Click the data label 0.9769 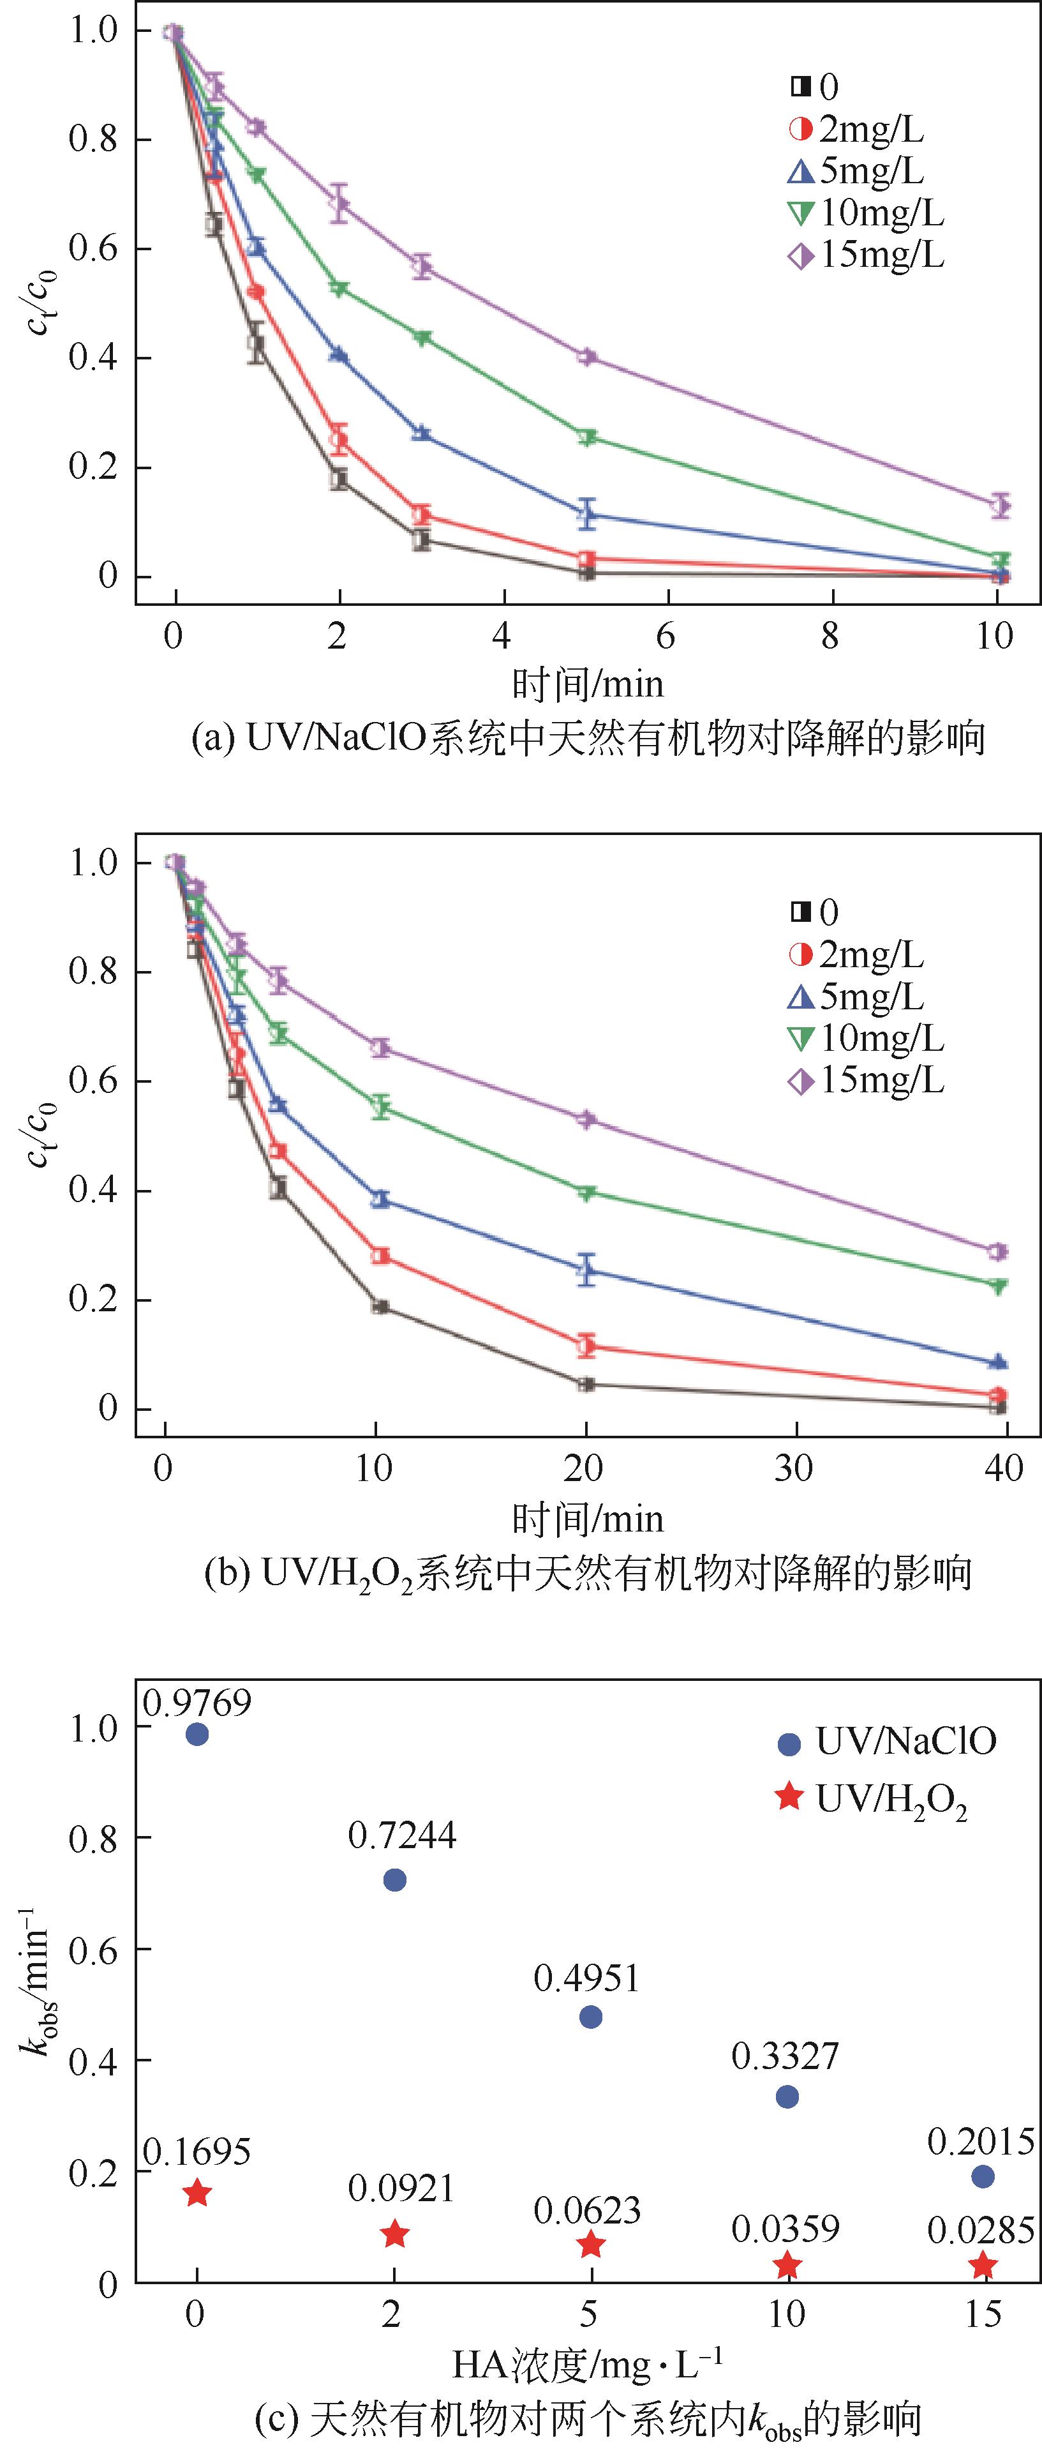197,1701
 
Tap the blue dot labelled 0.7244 394,1879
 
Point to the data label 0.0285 981,2230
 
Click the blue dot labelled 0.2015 983,2176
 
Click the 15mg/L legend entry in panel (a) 867,255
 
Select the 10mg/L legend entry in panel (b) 867,1039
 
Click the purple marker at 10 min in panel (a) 999,505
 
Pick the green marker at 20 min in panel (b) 586,1193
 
